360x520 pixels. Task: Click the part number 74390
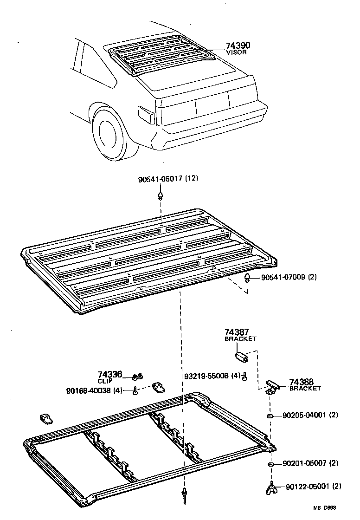click(238, 45)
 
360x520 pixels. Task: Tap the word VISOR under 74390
click(236, 53)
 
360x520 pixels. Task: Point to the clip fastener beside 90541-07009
click(248, 278)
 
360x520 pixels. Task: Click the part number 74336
click(109, 374)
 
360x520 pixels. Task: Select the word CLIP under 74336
click(105, 381)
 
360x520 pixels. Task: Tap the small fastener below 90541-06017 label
click(161, 194)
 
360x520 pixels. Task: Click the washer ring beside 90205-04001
click(269, 415)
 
